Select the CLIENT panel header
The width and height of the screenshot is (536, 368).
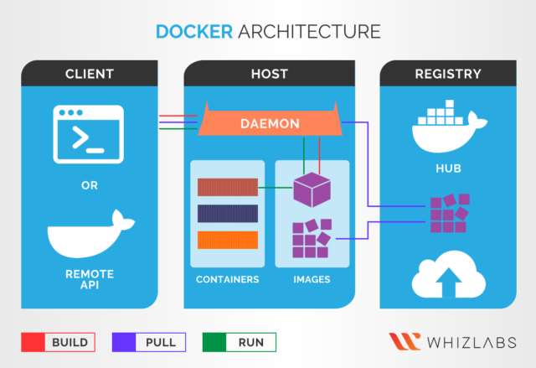[x=89, y=74]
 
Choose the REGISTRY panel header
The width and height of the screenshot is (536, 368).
[x=448, y=74]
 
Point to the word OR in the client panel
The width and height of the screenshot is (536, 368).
[x=89, y=184]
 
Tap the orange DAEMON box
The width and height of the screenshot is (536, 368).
[x=270, y=123]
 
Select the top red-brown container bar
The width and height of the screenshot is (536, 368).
[x=227, y=187]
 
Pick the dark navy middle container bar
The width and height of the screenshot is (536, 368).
[x=227, y=213]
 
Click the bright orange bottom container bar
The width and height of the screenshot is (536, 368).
[x=227, y=240]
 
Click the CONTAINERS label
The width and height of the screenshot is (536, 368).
[x=227, y=279]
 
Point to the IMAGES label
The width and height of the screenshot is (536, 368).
[x=312, y=279]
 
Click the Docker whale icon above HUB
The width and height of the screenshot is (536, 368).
[x=448, y=127]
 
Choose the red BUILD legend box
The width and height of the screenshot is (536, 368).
[x=59, y=342]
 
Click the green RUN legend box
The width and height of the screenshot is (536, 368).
[x=240, y=342]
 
